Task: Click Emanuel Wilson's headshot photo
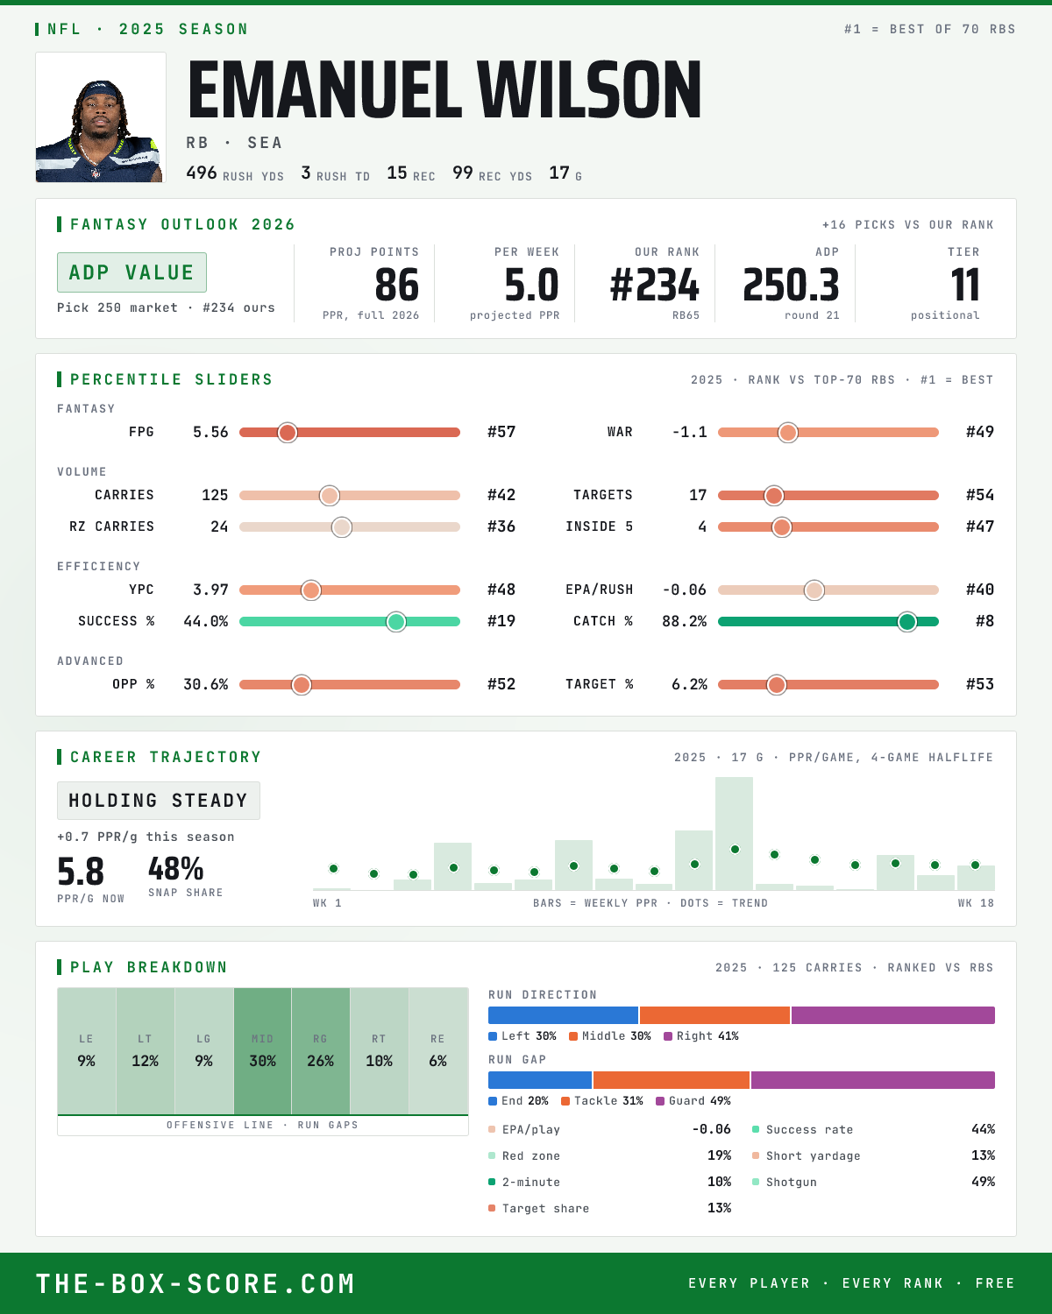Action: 101,117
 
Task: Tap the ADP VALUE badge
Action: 131,272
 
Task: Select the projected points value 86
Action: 397,286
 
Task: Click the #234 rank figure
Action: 654,286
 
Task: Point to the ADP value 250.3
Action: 791,286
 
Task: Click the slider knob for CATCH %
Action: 907,622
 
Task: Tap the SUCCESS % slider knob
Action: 396,622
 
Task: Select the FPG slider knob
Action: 288,432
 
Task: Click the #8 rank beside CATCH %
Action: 984,621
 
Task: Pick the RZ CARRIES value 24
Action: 219,526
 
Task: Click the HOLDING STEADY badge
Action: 159,801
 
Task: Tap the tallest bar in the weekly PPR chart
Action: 734,833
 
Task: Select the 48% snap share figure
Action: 175,868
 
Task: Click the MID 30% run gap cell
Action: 262,1051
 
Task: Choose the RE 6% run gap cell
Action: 438,1051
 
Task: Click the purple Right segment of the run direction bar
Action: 893,1014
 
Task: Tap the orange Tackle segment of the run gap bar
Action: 672,1079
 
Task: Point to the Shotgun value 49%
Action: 983,1182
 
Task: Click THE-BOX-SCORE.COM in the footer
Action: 195,1283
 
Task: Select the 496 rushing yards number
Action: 201,173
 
